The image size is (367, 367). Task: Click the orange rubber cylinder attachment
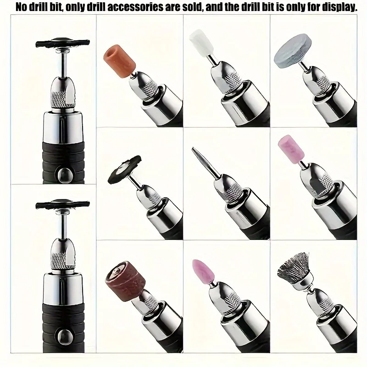[120, 62]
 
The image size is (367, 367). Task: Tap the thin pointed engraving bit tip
[193, 148]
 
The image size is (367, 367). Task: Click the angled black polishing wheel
[124, 169]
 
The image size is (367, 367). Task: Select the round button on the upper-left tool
[63, 175]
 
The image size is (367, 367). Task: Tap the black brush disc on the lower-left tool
[62, 205]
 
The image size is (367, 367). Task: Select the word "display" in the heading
[340, 8]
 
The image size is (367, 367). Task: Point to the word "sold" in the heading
[191, 7]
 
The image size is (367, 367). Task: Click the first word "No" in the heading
[21, 7]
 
